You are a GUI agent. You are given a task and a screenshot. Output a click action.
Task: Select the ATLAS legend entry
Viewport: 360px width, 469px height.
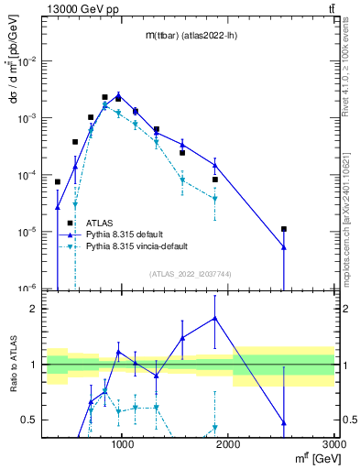pos(100,223)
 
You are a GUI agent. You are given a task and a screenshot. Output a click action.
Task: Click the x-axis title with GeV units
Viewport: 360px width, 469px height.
pos(312,459)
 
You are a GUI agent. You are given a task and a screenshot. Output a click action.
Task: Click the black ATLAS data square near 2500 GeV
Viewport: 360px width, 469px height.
pos(284,229)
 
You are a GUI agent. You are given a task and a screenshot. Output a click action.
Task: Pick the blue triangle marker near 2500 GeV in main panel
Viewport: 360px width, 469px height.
pos(284,246)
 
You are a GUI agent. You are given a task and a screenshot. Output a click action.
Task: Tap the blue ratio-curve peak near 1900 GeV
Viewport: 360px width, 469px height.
pos(215,318)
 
